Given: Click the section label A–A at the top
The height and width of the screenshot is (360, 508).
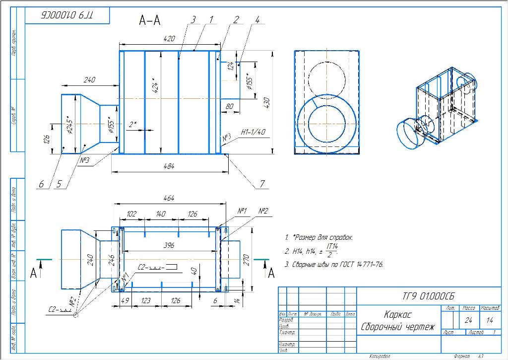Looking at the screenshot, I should (149, 20).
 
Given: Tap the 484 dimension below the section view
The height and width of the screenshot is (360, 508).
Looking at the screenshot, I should (169, 167).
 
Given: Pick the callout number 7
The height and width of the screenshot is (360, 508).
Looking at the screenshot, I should (261, 184).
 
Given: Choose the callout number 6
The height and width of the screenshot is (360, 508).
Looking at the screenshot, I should (42, 184).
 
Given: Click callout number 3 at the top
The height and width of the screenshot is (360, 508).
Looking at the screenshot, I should (193, 19).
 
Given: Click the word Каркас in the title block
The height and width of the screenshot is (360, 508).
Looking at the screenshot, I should (398, 314).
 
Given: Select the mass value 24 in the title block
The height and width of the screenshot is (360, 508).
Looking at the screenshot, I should (468, 320).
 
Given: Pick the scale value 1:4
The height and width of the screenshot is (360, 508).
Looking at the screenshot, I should (490, 320).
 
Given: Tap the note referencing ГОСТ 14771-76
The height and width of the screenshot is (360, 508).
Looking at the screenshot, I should (334, 265).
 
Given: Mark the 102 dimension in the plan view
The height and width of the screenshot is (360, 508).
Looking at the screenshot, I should (131, 214).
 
